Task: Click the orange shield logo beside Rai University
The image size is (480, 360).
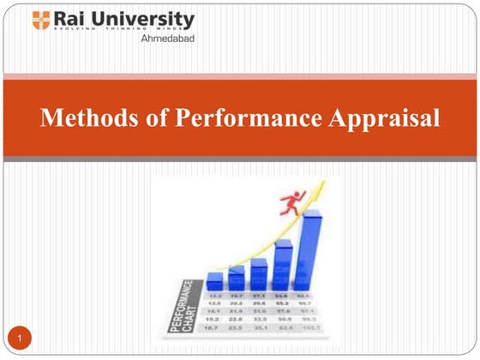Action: tap(41, 21)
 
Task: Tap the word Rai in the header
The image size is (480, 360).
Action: tap(69, 19)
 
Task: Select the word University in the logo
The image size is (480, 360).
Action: tap(145, 20)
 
